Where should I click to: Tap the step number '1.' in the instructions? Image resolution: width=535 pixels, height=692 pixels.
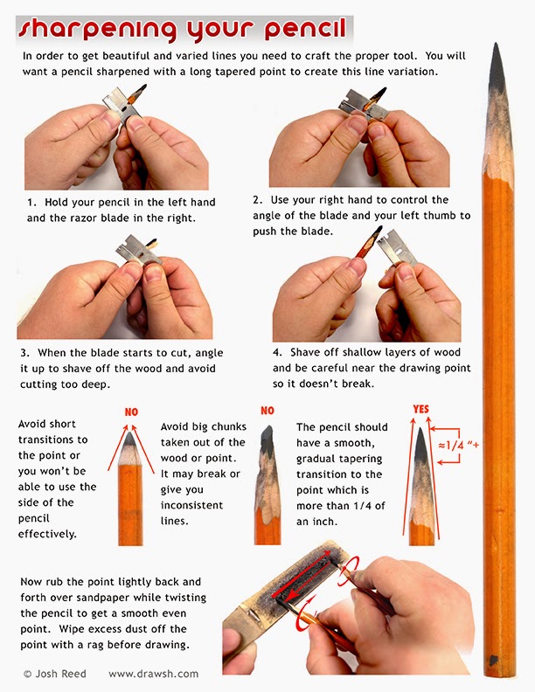click(30, 203)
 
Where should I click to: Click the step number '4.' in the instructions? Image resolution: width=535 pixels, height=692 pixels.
click(278, 352)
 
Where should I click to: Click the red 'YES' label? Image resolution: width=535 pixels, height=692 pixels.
click(422, 408)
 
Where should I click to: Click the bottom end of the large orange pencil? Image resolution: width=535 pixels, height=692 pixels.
click(497, 668)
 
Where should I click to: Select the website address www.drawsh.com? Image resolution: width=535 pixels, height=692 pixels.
click(153, 674)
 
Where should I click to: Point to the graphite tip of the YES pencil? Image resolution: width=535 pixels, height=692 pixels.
click(422, 446)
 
